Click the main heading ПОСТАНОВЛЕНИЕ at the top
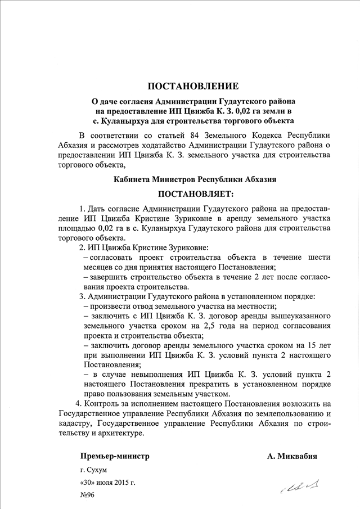tap(193, 86)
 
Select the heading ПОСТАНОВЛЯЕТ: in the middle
tap(193, 195)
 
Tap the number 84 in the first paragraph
tap(185, 136)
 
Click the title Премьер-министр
tap(114, 457)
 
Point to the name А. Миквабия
tap(292, 457)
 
